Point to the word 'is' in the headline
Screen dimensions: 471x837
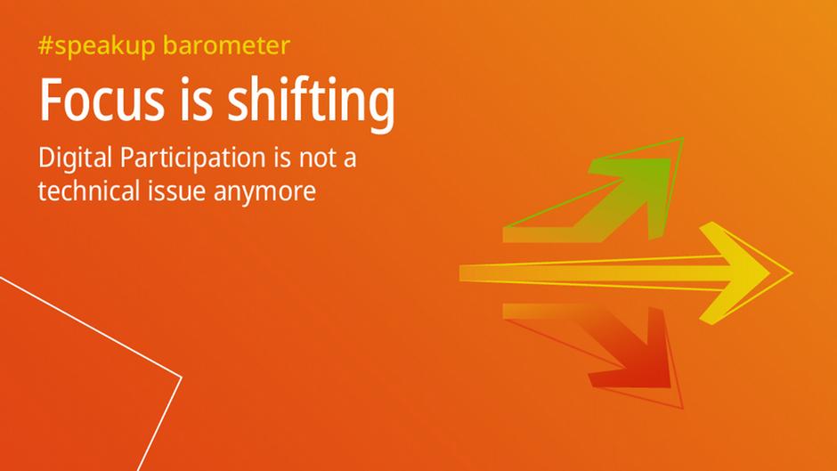pos(195,101)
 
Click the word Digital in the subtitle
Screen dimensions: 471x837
pos(76,160)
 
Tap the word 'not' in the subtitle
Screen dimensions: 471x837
pos(319,160)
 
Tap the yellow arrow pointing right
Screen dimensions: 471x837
pos(623,272)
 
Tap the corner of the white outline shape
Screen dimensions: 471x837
pos(181,378)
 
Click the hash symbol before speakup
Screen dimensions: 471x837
pos(45,45)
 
